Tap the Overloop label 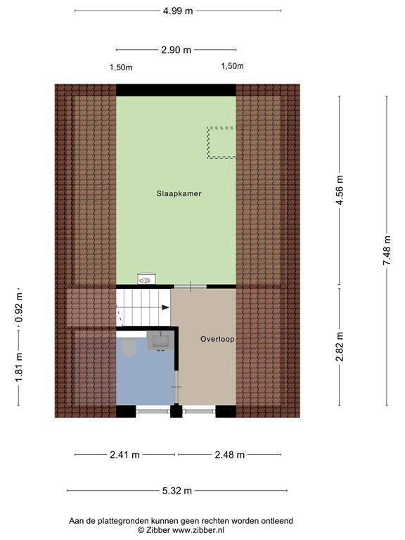click(217, 339)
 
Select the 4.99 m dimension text click(177, 11)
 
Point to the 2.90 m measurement click(176, 50)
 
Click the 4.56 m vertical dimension click(340, 191)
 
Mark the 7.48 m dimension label click(387, 250)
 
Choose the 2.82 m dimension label click(340, 346)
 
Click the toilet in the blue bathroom click(129, 347)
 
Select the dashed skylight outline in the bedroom click(221, 141)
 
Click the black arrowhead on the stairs click(165, 307)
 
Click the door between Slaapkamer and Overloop click(190, 286)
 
